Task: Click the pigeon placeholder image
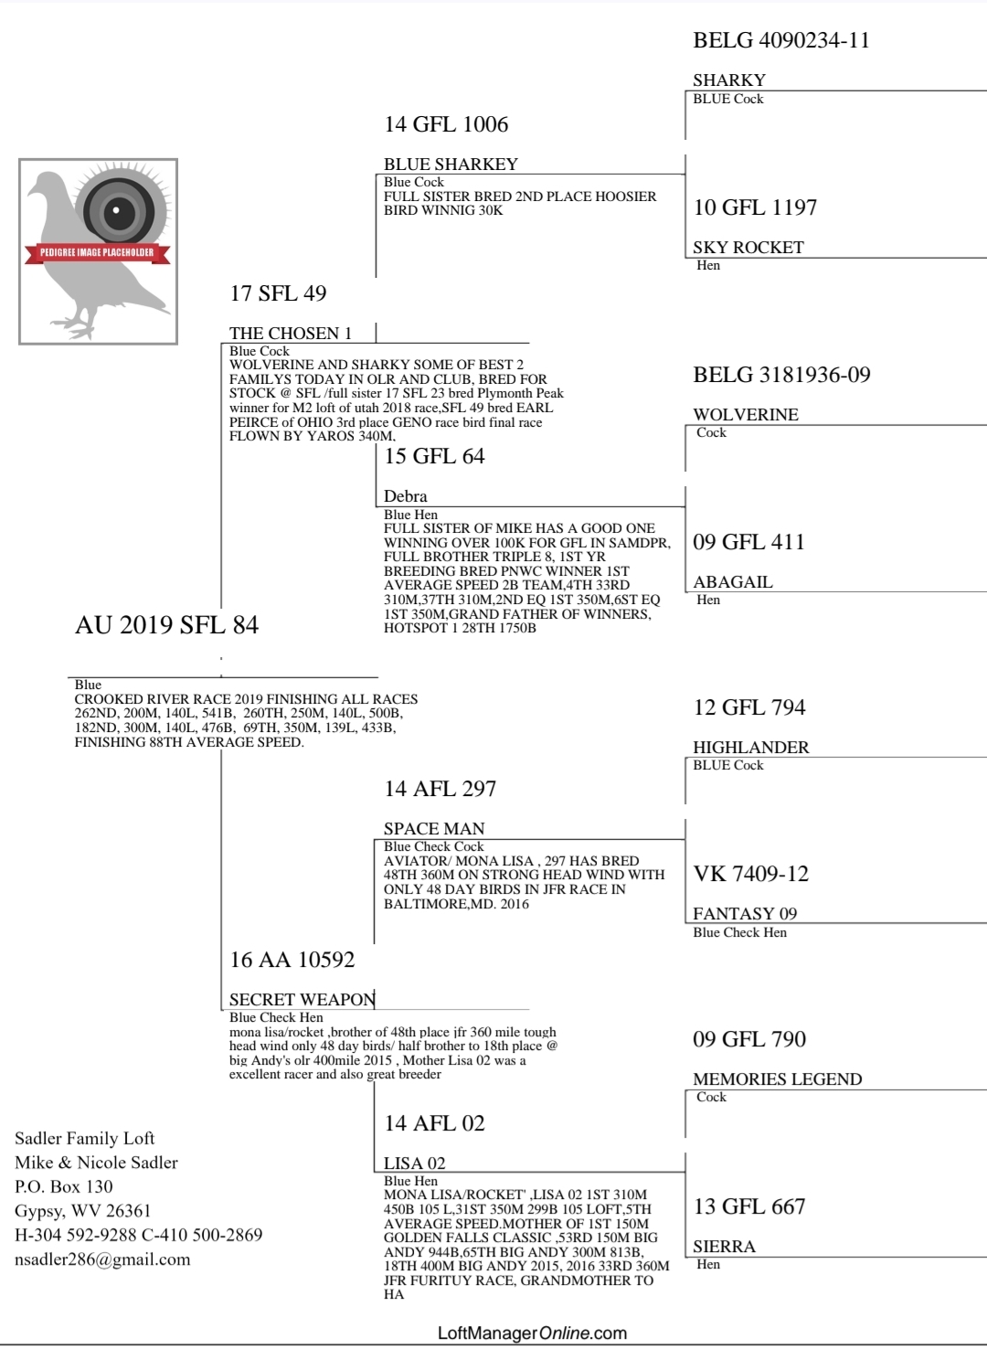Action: [x=98, y=251]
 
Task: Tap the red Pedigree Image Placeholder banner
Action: [x=97, y=252]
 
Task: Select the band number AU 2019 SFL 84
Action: [x=166, y=625]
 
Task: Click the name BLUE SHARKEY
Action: [x=451, y=165]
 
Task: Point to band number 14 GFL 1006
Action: [x=446, y=124]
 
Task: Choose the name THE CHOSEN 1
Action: [x=291, y=334]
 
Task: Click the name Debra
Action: [x=406, y=496]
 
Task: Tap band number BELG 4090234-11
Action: [x=781, y=40]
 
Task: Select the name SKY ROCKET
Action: [x=748, y=248]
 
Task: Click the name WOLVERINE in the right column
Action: [x=746, y=415]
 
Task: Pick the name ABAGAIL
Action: [x=733, y=582]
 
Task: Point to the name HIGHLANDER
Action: [x=751, y=748]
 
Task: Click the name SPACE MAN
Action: [x=434, y=829]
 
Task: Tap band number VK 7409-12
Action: [x=751, y=874]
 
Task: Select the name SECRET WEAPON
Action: [x=302, y=1000]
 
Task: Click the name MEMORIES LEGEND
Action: [x=778, y=1079]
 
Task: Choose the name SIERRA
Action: [x=724, y=1247]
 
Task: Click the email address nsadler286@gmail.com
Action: [x=102, y=1259]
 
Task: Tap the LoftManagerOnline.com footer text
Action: [x=533, y=1333]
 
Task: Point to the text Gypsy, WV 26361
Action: [x=82, y=1211]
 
